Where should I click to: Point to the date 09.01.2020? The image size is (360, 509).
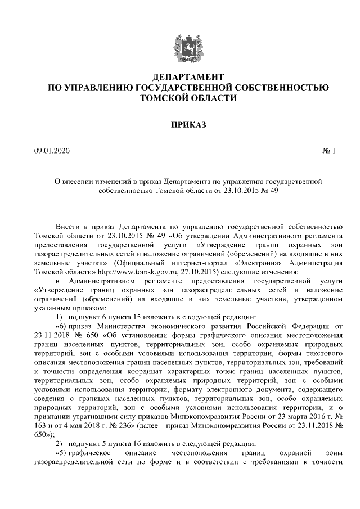click(x=50, y=151)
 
